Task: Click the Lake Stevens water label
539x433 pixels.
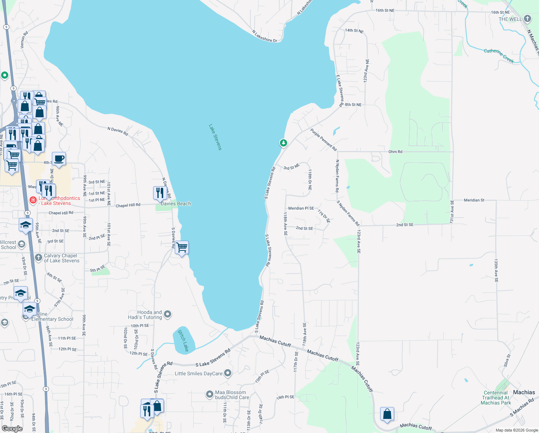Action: pyautogui.click(x=215, y=137)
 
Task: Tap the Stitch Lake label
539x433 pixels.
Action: pyautogui.click(x=183, y=341)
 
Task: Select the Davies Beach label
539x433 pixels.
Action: pyautogui.click(x=176, y=204)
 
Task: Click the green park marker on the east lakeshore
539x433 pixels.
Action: pyautogui.click(x=284, y=143)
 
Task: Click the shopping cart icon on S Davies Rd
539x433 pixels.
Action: pyautogui.click(x=182, y=248)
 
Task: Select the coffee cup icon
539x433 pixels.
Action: pyautogui.click(x=59, y=159)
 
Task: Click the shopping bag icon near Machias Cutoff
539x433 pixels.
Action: pyautogui.click(x=387, y=414)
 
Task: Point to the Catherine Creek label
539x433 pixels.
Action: pyautogui.click(x=499, y=56)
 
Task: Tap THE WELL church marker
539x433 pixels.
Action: pyautogui.click(x=527, y=19)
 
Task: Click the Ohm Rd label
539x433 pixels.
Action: pyautogui.click(x=395, y=152)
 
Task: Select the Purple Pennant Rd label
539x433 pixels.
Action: pyautogui.click(x=324, y=140)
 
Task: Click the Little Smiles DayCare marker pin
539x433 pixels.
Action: pyautogui.click(x=227, y=373)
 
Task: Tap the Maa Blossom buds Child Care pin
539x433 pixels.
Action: pyautogui.click(x=210, y=394)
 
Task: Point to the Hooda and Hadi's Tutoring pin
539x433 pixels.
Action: pyautogui.click(x=168, y=314)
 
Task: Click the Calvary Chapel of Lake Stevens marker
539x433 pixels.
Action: pyautogui.click(x=39, y=257)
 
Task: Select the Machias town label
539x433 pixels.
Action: pyautogui.click(x=524, y=392)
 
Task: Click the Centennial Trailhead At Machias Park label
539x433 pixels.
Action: pyautogui.click(x=496, y=398)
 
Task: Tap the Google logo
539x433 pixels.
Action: pyautogui.click(x=12, y=428)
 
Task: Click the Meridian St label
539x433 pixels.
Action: pyautogui.click(x=474, y=200)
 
